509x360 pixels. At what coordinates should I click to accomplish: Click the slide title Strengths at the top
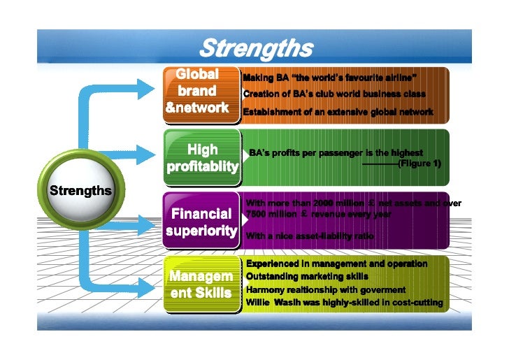pyautogui.click(x=255, y=48)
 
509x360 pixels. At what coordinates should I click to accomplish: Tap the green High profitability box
pyautogui.click(x=202, y=158)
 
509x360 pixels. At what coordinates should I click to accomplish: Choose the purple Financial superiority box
pyautogui.click(x=201, y=221)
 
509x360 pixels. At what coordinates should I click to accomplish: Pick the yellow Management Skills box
pyautogui.click(x=201, y=284)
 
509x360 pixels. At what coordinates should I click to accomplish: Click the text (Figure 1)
pyautogui.click(x=419, y=164)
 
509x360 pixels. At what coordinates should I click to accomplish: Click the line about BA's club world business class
pyautogui.click(x=334, y=94)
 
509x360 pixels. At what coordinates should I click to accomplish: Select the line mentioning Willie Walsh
pyautogui.click(x=344, y=303)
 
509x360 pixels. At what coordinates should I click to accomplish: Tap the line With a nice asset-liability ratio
pyautogui.click(x=310, y=236)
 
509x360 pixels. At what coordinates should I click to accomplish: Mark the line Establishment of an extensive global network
pyautogui.click(x=338, y=112)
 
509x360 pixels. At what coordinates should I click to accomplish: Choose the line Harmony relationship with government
pyautogui.click(x=325, y=289)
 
